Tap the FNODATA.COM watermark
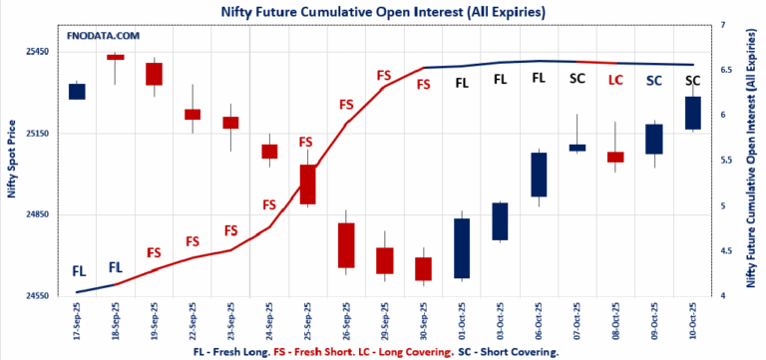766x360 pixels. click(x=103, y=36)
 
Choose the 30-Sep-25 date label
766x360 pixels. click(x=423, y=321)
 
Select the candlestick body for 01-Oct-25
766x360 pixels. click(x=462, y=247)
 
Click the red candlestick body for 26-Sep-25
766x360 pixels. click(x=346, y=244)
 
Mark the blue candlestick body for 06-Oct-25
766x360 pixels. click(x=539, y=175)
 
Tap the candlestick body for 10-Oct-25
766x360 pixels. click(x=692, y=113)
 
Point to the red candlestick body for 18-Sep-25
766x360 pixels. click(x=116, y=57)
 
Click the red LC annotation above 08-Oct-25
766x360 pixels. click(x=615, y=79)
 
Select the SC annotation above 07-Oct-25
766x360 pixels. click(x=577, y=78)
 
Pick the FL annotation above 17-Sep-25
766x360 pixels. click(x=79, y=270)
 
